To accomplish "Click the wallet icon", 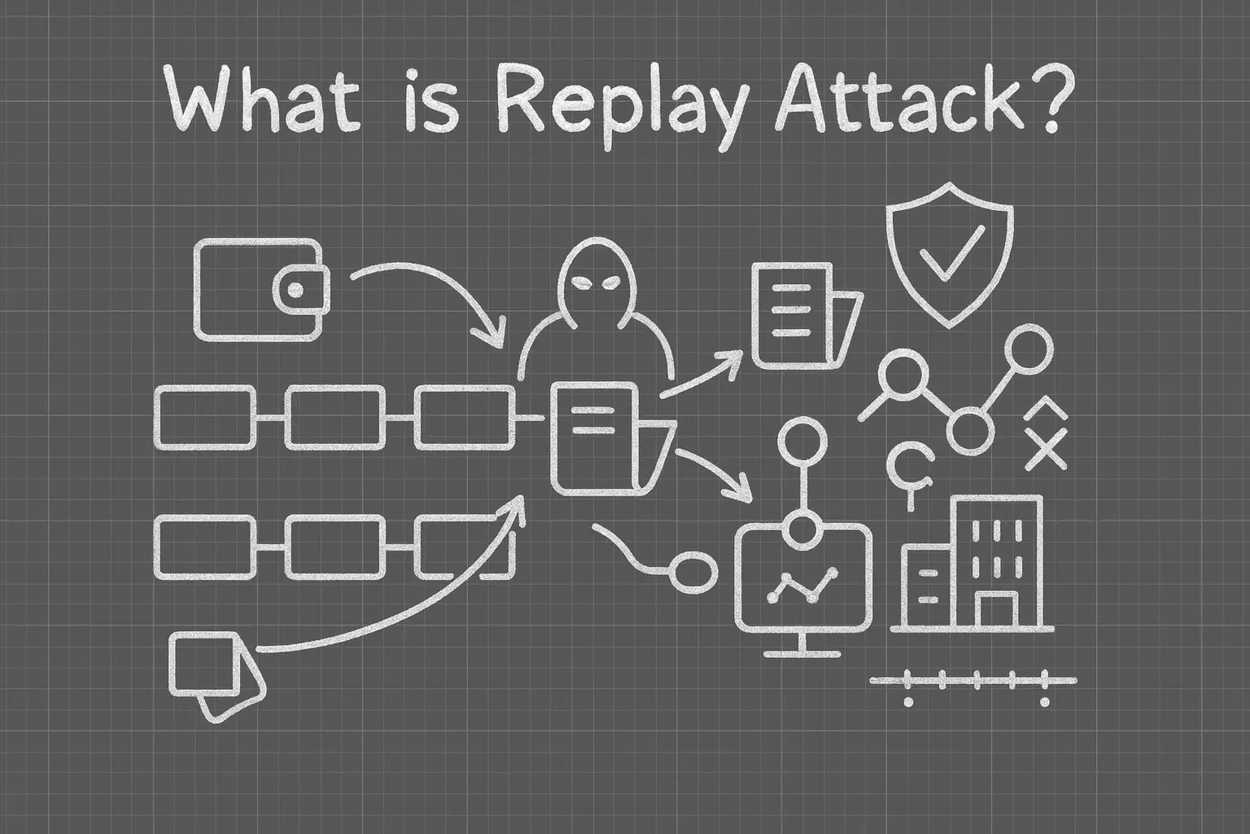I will coord(262,289).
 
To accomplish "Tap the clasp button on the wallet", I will coord(296,290).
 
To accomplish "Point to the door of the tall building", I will coord(996,607).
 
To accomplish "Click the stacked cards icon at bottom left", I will coord(215,674).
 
